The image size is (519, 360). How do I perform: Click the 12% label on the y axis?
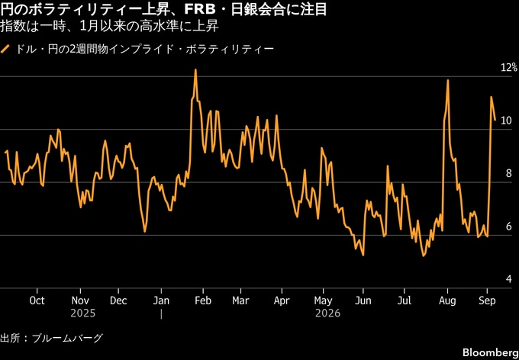[x=509, y=68]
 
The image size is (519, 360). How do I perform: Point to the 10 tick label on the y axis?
[x=507, y=121]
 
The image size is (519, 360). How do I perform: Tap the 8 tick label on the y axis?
[x=509, y=174]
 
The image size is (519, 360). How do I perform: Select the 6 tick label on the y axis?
[x=509, y=227]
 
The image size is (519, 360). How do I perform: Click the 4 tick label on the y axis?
[x=509, y=280]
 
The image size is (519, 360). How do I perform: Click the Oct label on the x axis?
[x=37, y=301]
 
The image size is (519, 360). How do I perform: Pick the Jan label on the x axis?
[x=161, y=301]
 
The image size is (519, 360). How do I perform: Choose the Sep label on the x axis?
[x=487, y=301]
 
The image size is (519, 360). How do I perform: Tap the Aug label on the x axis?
[x=447, y=301]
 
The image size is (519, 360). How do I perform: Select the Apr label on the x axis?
[x=282, y=301]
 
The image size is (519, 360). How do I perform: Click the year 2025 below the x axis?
[x=82, y=313]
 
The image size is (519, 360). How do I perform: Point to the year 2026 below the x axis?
[x=327, y=313]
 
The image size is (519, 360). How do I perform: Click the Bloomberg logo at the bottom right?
[x=491, y=352]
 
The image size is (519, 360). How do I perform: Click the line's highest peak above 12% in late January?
[x=195, y=70]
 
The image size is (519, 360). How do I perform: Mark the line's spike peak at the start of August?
[x=447, y=80]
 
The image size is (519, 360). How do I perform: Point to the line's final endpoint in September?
[x=495, y=120]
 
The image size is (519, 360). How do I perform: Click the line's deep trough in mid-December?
[x=145, y=231]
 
